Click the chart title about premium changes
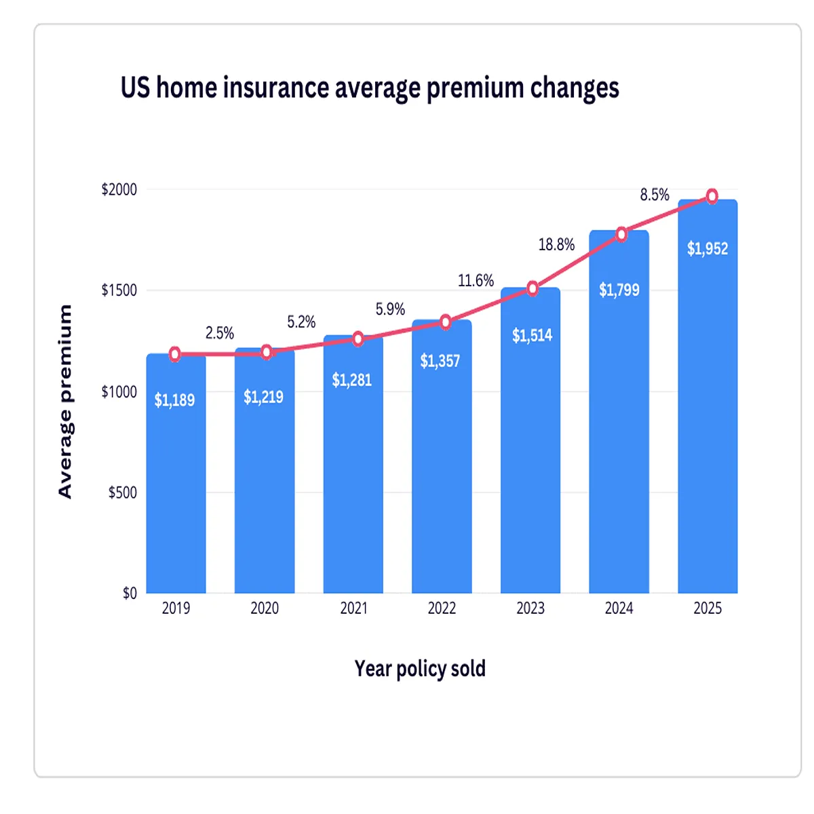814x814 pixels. click(370, 88)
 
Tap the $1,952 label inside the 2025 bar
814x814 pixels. click(707, 249)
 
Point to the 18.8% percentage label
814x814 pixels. click(556, 245)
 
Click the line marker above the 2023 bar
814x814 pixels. click(532, 289)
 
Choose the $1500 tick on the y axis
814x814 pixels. click(119, 290)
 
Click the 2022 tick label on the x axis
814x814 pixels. click(442, 608)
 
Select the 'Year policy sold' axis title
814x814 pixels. click(420, 669)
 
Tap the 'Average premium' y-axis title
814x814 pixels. click(65, 401)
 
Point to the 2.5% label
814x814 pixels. click(220, 333)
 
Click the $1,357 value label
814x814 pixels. click(440, 361)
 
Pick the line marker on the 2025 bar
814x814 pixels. click(712, 197)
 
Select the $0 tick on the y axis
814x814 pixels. click(130, 594)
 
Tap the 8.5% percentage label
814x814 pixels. click(655, 195)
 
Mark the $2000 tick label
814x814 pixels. click(119, 189)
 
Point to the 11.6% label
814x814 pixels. click(476, 281)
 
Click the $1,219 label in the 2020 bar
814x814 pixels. click(263, 397)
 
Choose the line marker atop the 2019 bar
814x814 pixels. click(175, 354)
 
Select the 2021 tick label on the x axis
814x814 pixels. click(353, 608)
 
